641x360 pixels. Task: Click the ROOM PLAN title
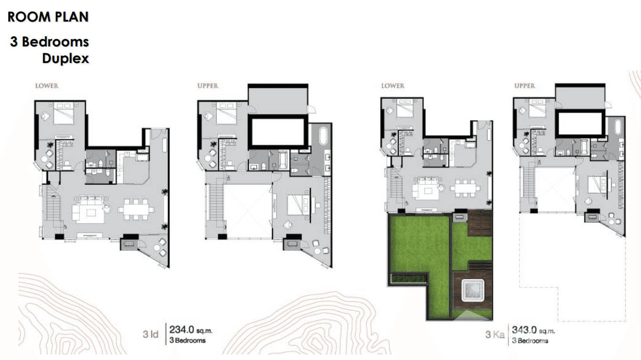tap(48, 17)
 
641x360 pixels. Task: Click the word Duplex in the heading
tap(65, 59)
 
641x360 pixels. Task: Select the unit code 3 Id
tap(150, 335)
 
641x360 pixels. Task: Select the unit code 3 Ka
tap(495, 335)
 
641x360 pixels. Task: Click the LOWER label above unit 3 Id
tap(47, 86)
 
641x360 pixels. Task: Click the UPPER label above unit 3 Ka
tap(524, 86)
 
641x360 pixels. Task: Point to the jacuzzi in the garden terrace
tap(471, 291)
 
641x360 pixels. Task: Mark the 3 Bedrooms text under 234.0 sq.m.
tap(187, 340)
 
